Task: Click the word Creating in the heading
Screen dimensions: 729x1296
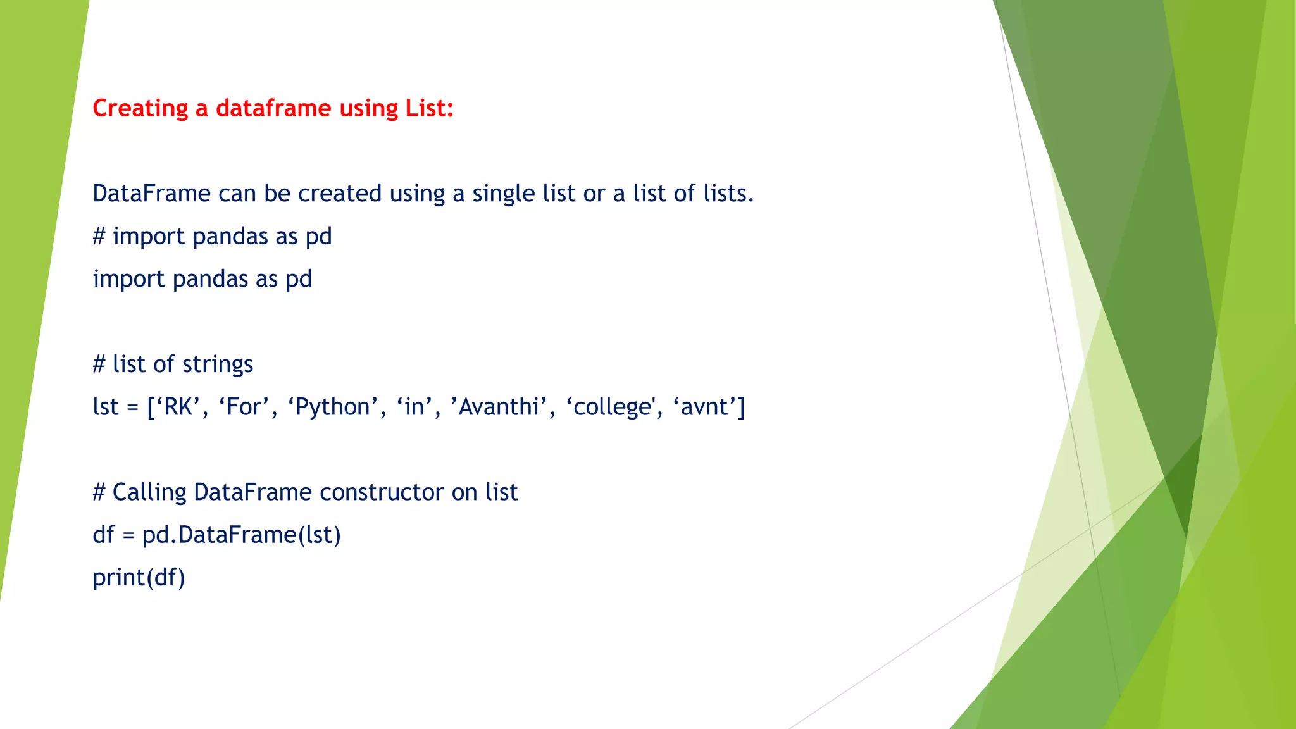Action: [140, 109]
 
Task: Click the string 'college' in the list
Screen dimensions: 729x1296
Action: [613, 407]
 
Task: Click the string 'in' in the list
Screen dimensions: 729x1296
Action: [414, 407]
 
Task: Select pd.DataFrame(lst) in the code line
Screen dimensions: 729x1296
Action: [241, 535]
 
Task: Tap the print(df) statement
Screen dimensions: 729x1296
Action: [139, 578]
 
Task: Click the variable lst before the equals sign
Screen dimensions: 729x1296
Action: [105, 407]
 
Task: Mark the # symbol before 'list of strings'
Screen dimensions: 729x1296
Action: [99, 364]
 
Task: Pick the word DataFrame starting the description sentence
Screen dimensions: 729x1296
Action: [151, 194]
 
